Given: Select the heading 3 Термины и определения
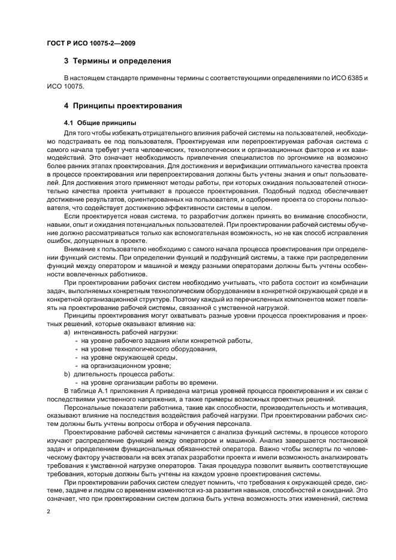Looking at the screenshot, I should pyautogui.click(x=118, y=60).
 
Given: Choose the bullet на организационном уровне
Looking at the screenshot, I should pyautogui.click(x=126, y=366).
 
